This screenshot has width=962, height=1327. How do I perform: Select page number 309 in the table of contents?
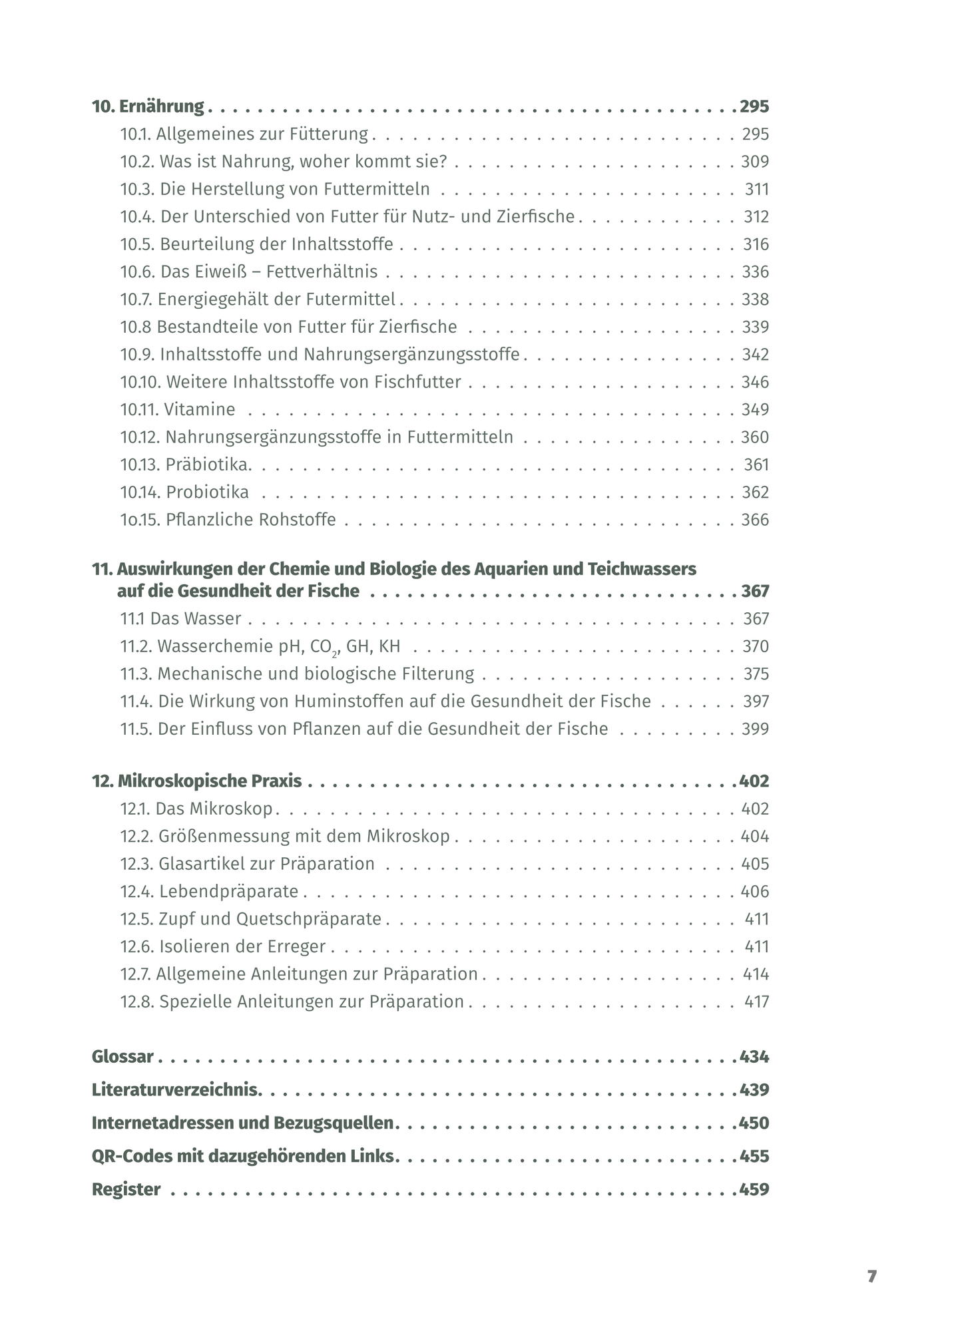(755, 162)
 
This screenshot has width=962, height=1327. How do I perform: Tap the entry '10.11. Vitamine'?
(178, 409)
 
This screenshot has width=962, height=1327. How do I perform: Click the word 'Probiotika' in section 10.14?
(208, 492)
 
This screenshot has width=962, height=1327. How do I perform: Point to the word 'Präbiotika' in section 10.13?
(208, 465)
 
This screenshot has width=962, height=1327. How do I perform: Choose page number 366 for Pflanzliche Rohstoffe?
(755, 520)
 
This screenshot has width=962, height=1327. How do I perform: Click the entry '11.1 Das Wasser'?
(180, 619)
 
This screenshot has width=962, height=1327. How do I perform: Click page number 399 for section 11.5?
(755, 729)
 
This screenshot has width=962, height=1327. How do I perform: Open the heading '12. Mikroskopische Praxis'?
(196, 781)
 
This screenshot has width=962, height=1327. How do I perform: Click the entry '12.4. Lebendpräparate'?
(209, 892)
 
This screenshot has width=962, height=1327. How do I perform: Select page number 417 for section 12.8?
(756, 1002)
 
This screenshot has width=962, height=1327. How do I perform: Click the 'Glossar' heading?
(122, 1057)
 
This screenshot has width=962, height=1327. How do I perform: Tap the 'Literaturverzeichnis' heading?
(175, 1090)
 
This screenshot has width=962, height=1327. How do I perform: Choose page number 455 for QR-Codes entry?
(754, 1157)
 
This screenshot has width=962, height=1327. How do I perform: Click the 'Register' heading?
(126, 1190)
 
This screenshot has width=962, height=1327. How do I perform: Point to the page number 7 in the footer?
(871, 1277)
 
